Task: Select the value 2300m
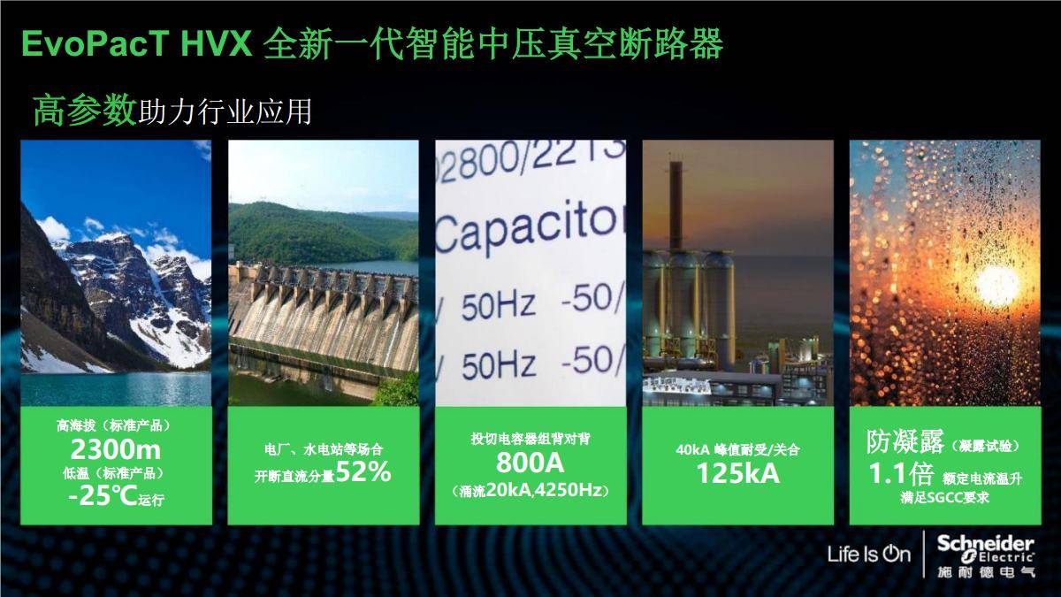(x=115, y=449)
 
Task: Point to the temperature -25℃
(x=102, y=496)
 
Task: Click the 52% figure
(x=363, y=473)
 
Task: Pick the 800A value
(x=530, y=463)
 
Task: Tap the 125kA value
(x=737, y=473)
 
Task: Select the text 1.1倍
(x=899, y=474)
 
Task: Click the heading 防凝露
(x=898, y=441)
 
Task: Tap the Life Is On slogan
(x=868, y=555)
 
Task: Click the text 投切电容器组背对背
(x=530, y=438)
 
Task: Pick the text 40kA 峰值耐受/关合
(x=737, y=449)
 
